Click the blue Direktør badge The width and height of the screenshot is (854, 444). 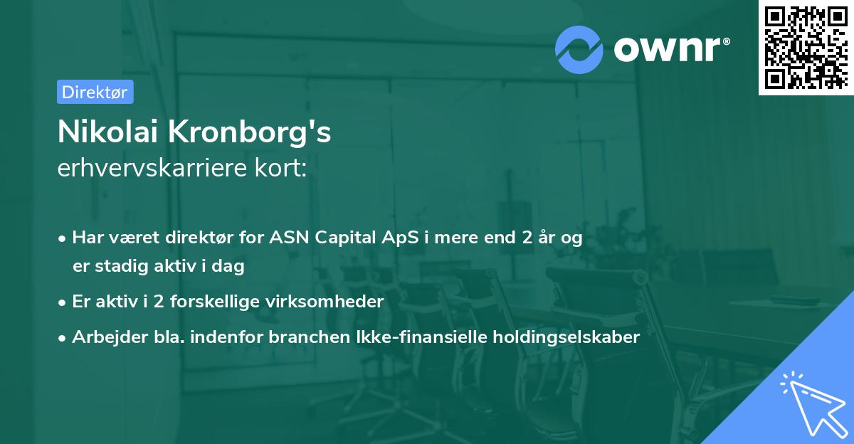tap(95, 92)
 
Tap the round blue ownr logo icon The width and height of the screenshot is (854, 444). tap(579, 50)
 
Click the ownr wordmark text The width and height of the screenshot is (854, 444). tap(672, 49)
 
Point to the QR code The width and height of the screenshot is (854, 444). tap(806, 47)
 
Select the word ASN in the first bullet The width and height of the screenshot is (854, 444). tap(289, 238)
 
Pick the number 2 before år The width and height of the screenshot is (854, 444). tap(527, 238)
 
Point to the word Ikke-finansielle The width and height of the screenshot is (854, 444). tap(421, 337)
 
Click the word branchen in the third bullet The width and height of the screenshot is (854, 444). tap(310, 337)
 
